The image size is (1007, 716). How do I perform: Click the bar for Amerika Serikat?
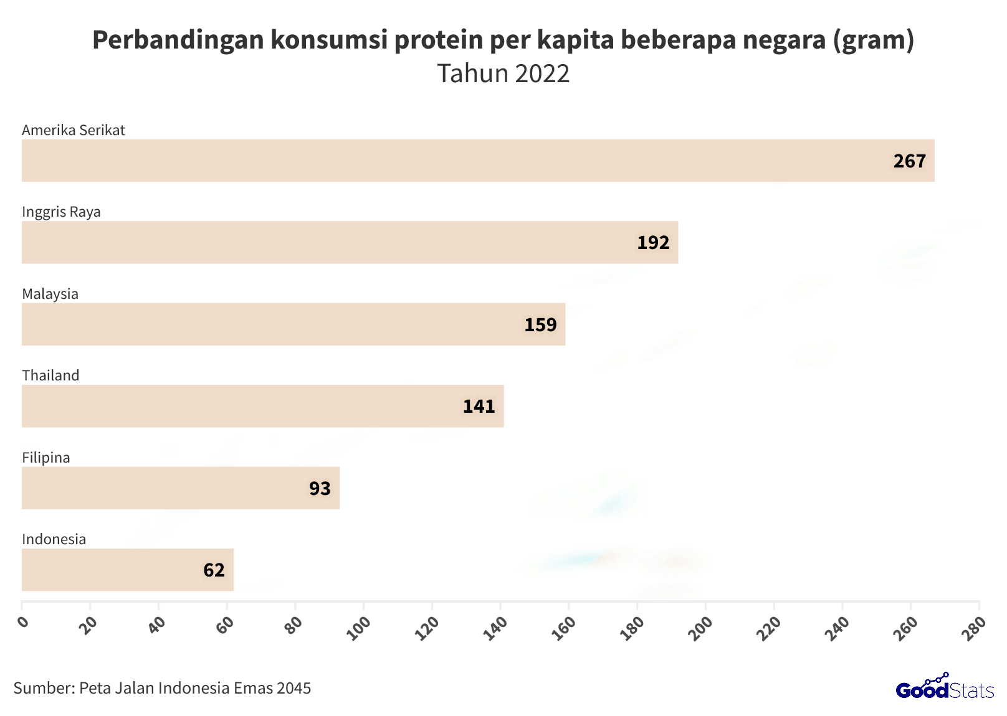click(x=478, y=161)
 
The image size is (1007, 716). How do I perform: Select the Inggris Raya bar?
click(x=350, y=242)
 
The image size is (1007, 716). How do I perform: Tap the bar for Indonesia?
click(x=128, y=570)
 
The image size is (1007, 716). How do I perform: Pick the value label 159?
click(x=540, y=324)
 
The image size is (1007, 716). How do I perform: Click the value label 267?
click(x=909, y=161)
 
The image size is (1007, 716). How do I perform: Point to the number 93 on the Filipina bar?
click(x=320, y=488)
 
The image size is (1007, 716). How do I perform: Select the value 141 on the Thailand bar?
click(x=479, y=407)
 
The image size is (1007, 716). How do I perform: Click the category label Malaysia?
click(x=50, y=294)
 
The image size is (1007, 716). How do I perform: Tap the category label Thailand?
click(x=50, y=375)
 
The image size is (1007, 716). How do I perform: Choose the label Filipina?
click(x=46, y=458)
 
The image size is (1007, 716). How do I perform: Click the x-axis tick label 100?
click(x=359, y=628)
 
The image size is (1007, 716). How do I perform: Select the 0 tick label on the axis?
click(x=23, y=622)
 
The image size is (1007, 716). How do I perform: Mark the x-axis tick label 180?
click(x=632, y=628)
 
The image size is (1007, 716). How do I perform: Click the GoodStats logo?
click(x=945, y=687)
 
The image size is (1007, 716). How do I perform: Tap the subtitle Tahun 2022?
click(x=503, y=73)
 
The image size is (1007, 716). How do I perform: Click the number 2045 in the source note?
click(x=294, y=688)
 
